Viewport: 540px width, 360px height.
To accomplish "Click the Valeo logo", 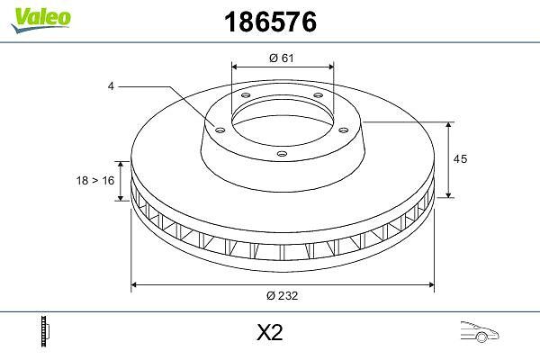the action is point(40,20).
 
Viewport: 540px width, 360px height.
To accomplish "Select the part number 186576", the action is point(270,22).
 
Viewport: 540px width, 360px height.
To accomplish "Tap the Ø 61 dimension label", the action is point(282,58).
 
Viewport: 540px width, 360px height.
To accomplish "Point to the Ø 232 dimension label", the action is point(282,295).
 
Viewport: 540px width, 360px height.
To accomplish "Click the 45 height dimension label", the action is point(460,158).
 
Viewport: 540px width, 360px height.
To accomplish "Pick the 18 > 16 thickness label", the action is point(95,180).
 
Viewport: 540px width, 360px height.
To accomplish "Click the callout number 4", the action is point(111,86).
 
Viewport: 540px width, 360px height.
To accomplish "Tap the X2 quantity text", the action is point(270,332).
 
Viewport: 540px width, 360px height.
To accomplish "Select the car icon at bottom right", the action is point(480,332).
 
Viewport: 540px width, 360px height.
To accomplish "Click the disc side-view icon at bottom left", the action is point(45,331).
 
